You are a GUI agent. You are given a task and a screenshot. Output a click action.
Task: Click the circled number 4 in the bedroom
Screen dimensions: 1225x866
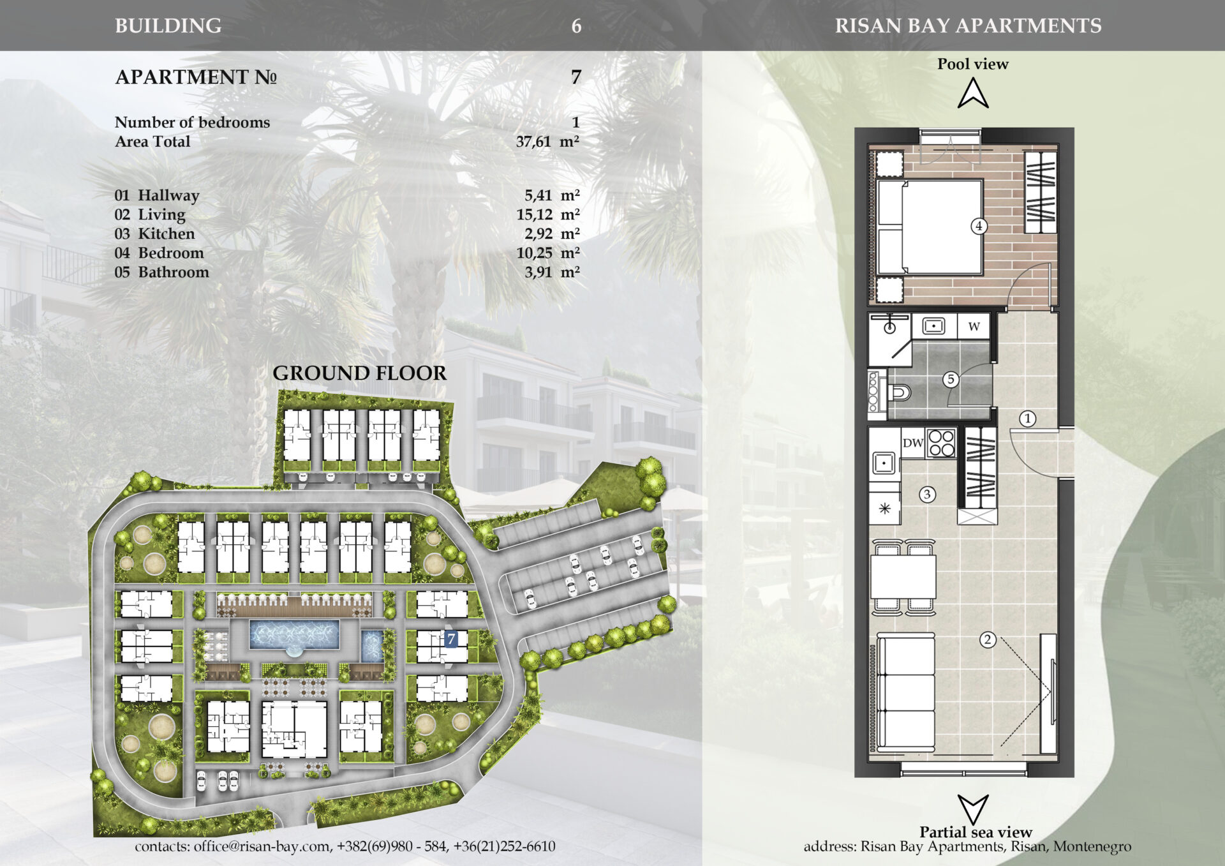coord(978,226)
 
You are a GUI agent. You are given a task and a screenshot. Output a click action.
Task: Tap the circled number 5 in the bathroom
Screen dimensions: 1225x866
coord(951,380)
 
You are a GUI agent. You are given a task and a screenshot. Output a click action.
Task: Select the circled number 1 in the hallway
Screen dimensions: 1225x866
coord(1027,419)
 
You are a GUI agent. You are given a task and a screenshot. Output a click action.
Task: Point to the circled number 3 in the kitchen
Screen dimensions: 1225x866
coord(927,494)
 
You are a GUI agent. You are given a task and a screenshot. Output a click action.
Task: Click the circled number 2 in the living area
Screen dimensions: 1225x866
coord(988,639)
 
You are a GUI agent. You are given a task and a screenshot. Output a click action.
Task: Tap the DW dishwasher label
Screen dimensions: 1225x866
coord(913,443)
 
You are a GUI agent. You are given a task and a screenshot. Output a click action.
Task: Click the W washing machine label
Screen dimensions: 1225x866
coord(974,327)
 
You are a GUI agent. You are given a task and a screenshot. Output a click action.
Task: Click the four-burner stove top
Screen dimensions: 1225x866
coord(941,443)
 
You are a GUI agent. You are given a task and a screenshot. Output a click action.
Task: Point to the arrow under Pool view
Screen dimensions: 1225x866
coord(973,93)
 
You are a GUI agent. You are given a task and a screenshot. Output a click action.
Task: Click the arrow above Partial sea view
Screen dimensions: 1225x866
coord(973,809)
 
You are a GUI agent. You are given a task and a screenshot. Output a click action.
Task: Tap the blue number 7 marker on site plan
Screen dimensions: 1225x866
coord(451,639)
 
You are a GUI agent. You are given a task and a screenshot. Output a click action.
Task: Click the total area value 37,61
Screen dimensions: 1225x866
coord(533,142)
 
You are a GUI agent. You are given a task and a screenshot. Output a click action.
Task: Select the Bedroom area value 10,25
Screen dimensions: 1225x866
coord(534,253)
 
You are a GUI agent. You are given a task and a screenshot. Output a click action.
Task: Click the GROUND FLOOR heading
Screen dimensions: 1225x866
coord(360,373)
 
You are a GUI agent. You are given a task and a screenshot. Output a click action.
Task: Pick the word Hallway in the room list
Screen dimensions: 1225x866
coord(168,196)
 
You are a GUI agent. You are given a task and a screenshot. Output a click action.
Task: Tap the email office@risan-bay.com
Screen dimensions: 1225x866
coord(262,847)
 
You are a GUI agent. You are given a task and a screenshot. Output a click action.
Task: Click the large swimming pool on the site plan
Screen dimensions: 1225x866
coord(294,635)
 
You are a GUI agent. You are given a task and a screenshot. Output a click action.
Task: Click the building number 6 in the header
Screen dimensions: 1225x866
coord(576,26)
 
